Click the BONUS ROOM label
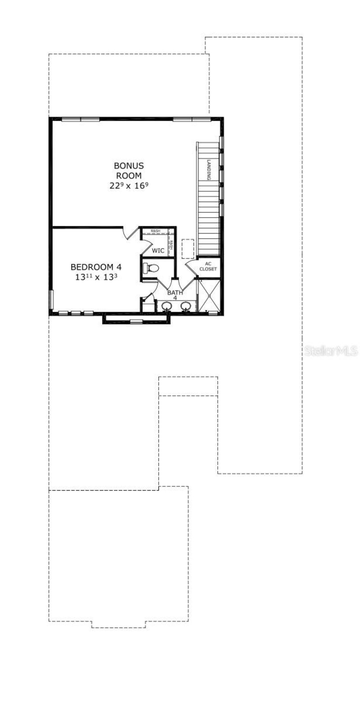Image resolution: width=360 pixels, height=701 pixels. (129, 171)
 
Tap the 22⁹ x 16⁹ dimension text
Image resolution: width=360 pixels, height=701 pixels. (129, 186)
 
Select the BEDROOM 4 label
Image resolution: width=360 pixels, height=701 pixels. (96, 267)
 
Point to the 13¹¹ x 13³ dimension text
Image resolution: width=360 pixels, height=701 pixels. (96, 277)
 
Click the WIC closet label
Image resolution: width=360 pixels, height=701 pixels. (158, 250)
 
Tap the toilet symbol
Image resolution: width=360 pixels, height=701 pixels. (151, 268)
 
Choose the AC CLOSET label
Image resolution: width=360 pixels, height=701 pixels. (208, 266)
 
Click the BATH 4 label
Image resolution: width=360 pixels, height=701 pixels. (175, 294)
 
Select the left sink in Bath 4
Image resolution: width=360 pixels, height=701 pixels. (167, 306)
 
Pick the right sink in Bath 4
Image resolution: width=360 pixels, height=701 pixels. (186, 306)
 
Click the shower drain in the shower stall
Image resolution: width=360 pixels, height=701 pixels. (210, 295)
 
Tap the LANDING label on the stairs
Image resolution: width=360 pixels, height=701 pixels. (209, 170)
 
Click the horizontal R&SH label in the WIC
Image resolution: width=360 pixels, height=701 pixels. (155, 231)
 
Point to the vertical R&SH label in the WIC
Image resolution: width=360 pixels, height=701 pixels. (171, 245)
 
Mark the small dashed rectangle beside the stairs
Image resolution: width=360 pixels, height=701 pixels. (188, 249)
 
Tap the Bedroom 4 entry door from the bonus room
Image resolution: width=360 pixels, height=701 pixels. (130, 233)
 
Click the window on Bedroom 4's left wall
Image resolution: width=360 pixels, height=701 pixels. (51, 300)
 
